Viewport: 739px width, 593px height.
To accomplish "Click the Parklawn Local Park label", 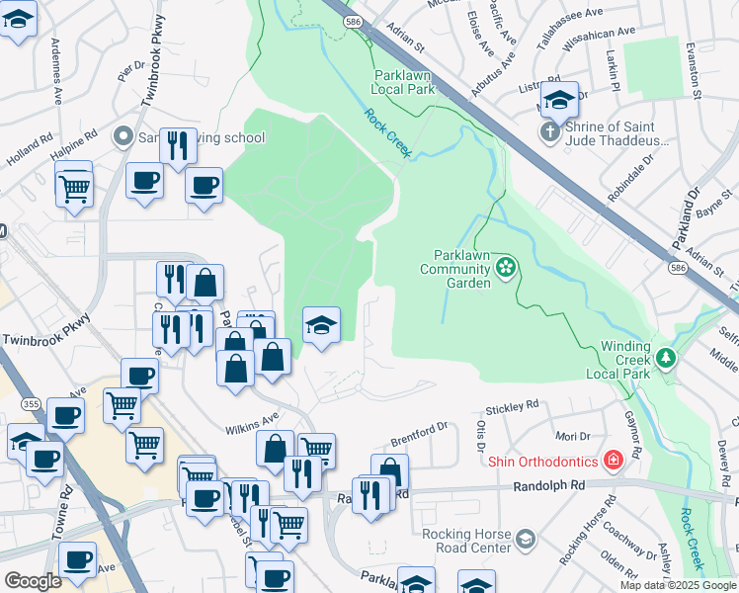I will point(403,82).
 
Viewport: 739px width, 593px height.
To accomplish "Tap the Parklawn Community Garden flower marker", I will point(506,267).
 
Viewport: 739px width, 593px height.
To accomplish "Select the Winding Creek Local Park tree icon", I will point(668,357).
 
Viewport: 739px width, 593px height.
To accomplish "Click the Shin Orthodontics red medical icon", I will point(613,462).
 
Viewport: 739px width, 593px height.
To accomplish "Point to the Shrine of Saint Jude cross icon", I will point(549,131).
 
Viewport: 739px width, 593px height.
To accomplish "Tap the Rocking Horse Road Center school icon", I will point(525,539).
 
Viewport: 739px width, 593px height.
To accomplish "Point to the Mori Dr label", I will point(572,435).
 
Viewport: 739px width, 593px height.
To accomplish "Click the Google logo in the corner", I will point(33,581).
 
